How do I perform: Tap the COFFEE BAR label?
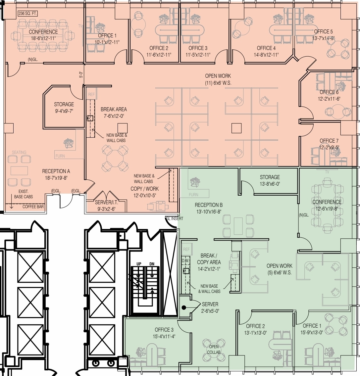33,207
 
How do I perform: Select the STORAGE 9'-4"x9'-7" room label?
64,108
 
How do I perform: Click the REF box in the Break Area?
91,94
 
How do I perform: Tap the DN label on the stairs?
152,263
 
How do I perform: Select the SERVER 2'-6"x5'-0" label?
210,307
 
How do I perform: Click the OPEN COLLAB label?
214,350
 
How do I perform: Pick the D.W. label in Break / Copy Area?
185,260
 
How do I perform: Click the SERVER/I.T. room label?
106,206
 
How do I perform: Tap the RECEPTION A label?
56,174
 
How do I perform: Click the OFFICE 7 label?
329,144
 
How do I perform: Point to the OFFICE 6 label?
329,95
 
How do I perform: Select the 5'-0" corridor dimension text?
81,75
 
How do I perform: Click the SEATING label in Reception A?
19,153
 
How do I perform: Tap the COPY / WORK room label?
144,192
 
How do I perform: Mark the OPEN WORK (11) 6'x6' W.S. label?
218,79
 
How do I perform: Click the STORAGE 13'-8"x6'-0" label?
270,180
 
